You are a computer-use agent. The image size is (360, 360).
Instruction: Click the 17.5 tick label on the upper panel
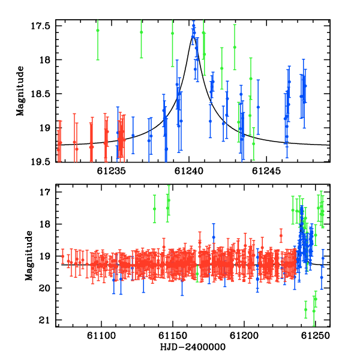pos(40,26)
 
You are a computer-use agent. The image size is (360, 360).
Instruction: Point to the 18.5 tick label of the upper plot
pos(40,94)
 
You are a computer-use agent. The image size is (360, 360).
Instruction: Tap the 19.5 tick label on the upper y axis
pos(40,162)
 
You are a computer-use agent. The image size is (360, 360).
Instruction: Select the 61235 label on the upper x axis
pos(112,171)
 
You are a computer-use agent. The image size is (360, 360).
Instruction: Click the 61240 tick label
pos(189,171)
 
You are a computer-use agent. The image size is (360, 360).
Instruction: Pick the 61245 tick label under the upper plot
pos(266,171)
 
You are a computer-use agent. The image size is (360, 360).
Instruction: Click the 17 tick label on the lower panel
pos(44,192)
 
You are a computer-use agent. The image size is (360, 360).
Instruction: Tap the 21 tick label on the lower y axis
pos(44,320)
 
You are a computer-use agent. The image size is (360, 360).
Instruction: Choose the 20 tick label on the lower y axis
pos(44,288)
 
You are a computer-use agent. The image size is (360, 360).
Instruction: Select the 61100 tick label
pos(101,336)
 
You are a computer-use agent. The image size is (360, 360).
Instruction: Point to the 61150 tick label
pos(173,336)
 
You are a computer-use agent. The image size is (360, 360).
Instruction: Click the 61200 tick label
pos(244,336)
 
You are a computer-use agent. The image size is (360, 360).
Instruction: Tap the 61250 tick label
pos(316,336)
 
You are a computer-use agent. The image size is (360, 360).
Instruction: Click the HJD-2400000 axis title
pos(193,347)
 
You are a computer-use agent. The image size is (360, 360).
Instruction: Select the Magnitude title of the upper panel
pos(20,91)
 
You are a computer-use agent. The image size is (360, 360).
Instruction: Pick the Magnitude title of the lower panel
pos(29,256)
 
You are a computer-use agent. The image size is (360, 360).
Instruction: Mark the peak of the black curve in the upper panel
pos(193,37)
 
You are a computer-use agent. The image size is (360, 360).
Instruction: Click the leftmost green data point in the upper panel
pos(98,31)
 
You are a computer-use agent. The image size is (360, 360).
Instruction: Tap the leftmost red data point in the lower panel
pos(62,256)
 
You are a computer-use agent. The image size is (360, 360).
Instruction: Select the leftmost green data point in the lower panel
pos(155,209)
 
